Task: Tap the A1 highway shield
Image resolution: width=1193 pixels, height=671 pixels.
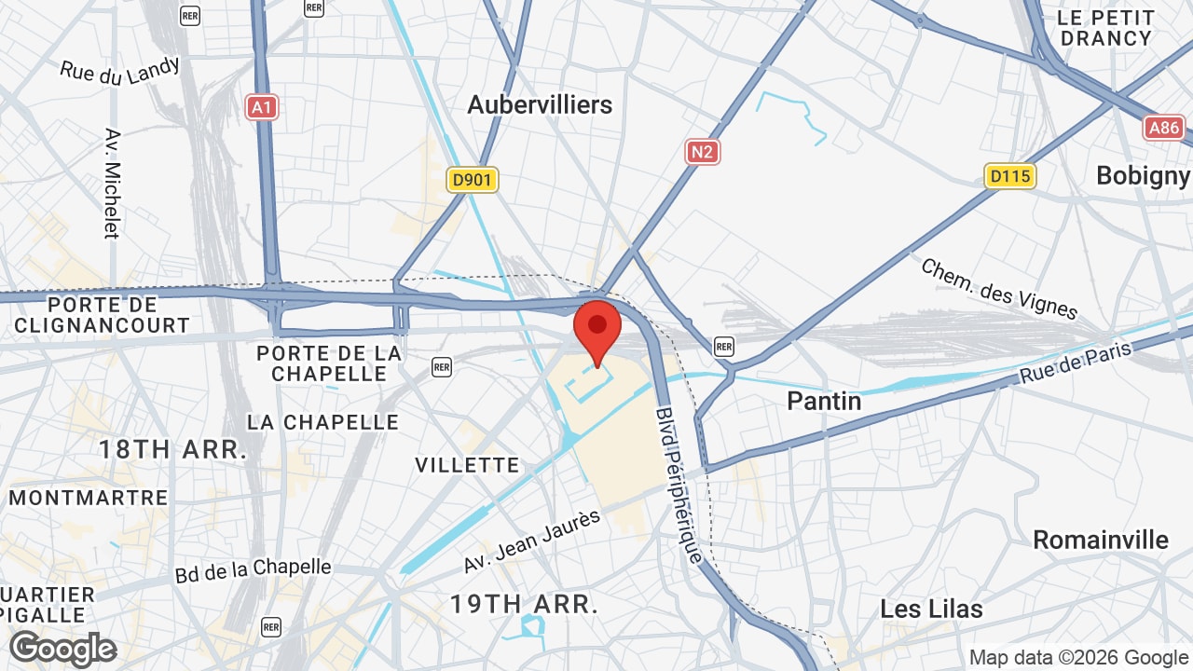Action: point(263,107)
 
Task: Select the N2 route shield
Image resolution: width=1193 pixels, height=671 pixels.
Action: point(703,152)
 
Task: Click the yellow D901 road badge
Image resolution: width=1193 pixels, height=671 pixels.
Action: point(473,180)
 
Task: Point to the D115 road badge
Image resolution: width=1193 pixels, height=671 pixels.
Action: point(1010,175)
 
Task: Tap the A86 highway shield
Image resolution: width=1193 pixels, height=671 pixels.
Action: point(1164,127)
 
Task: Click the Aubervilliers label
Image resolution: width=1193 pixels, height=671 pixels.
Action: point(540,104)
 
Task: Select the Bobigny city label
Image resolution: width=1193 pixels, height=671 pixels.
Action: point(1143,175)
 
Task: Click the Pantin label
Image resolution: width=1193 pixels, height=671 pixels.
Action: point(824,401)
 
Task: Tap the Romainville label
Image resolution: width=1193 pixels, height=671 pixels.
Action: point(1100,540)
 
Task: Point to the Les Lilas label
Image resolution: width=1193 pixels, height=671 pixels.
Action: point(931,609)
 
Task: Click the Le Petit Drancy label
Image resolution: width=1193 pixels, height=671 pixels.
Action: point(1106,28)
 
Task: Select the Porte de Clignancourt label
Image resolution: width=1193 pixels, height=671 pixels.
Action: point(102,315)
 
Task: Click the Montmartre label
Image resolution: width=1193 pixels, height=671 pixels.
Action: point(89,497)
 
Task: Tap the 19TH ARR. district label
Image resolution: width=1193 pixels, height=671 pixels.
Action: point(523,604)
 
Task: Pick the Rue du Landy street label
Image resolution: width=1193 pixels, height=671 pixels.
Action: point(120,71)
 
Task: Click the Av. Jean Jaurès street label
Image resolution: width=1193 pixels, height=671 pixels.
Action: point(532,541)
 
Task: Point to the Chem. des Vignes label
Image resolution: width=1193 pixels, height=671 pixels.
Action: point(998,288)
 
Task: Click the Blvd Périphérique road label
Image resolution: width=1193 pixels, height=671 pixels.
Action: point(679,485)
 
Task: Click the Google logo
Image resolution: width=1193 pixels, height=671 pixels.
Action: point(62,649)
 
